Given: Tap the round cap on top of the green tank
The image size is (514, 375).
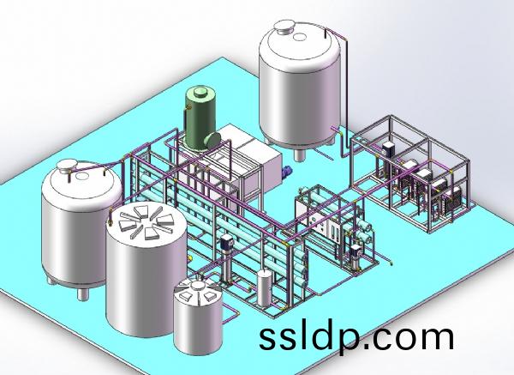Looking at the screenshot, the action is [x=200, y=93].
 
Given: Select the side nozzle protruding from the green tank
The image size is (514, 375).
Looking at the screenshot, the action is [x=212, y=139].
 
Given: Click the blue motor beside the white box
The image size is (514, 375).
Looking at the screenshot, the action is [x=287, y=172].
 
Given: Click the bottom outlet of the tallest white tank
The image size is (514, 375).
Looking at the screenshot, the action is [x=298, y=154].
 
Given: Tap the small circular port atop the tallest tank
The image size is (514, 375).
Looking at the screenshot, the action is [x=299, y=37].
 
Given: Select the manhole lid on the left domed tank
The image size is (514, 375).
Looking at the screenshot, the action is [x=68, y=165].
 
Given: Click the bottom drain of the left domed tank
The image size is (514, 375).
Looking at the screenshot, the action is [x=82, y=293].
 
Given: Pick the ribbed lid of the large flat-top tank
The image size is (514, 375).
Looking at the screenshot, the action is [x=146, y=221].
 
